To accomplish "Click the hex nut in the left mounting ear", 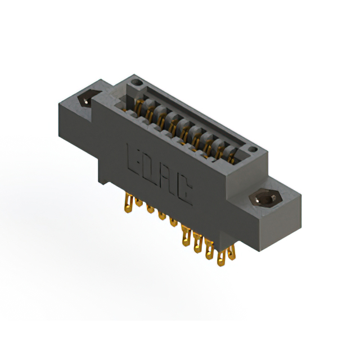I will (85, 100).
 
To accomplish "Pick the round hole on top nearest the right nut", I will (253, 150).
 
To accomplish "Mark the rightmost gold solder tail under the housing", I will (231, 256).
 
